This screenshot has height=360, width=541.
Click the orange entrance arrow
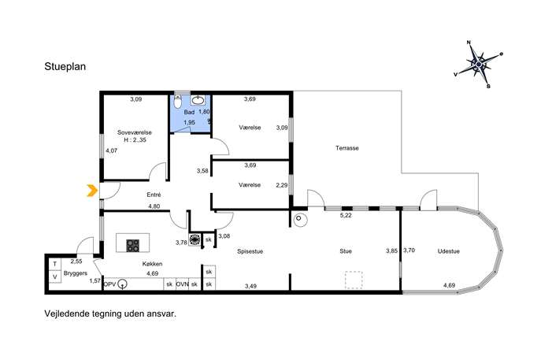[91, 191]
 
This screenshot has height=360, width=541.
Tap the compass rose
[478, 64]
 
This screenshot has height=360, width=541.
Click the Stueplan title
[65, 67]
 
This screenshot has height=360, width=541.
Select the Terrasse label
[347, 148]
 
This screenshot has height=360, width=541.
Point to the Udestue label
[449, 251]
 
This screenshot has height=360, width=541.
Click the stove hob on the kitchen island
[133, 246]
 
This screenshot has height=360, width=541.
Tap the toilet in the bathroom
[178, 102]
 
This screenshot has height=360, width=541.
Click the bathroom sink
[198, 100]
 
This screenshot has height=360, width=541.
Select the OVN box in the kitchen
[182, 284]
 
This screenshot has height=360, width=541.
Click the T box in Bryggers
[55, 264]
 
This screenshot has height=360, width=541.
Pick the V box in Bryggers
[55, 276]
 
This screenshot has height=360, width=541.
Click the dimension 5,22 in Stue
[346, 215]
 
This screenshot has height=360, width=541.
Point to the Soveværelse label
[134, 132]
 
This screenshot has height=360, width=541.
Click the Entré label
[154, 195]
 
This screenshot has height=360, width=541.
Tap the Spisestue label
[250, 251]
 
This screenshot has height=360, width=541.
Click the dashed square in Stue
[354, 280]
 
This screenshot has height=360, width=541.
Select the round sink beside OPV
[122, 284]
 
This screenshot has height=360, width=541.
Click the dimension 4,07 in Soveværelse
[112, 150]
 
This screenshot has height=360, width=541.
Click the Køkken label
[153, 264]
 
